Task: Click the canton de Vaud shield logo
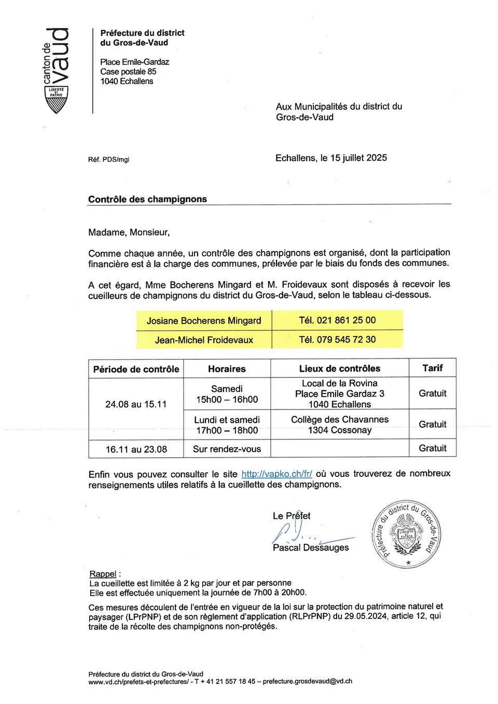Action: (56, 100)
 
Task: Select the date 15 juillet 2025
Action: (358, 158)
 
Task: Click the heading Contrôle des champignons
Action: (147, 199)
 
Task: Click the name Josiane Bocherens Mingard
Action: (204, 321)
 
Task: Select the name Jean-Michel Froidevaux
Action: (204, 340)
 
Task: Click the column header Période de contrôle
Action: (136, 369)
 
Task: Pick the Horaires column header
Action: (227, 369)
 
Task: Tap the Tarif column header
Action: (432, 368)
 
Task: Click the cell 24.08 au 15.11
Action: (136, 404)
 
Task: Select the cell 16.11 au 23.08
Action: (136, 449)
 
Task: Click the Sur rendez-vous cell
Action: (227, 449)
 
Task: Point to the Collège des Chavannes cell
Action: (340, 425)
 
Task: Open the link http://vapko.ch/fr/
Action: (276, 474)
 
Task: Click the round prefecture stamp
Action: (406, 535)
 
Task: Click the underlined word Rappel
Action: (103, 574)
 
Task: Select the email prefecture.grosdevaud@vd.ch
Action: (307, 681)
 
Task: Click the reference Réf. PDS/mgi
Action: (108, 160)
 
